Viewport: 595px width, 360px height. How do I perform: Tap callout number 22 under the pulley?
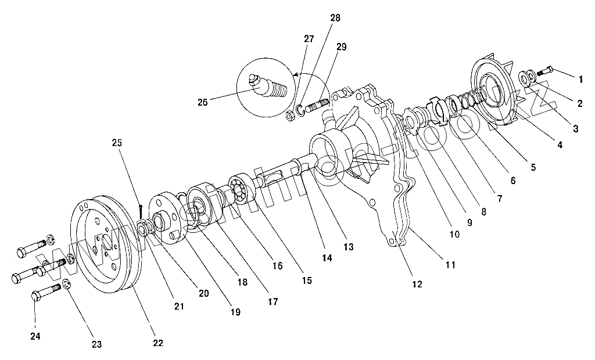pos(158,343)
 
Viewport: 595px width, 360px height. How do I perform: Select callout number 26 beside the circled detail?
pos(202,103)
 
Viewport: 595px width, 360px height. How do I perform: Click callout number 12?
pos(417,284)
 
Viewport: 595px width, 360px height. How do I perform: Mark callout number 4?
pos(560,145)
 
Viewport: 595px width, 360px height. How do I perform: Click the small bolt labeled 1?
pos(545,71)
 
